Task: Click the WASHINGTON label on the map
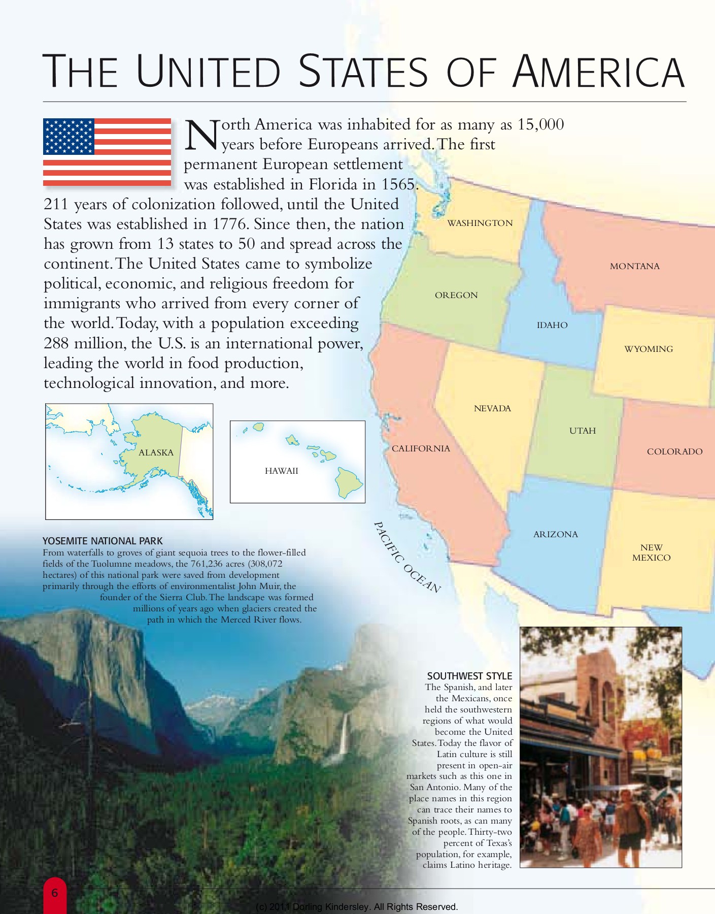[480, 223]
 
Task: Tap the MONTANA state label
[634, 266]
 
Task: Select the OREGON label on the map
[456, 295]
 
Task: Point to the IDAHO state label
[552, 325]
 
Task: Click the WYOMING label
[648, 349]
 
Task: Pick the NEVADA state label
[492, 408]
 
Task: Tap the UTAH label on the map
[582, 431]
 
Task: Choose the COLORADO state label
[674, 451]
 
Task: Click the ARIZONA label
[555, 534]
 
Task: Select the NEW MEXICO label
[651, 552]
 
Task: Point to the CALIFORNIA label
[421, 448]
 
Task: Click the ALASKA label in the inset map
[156, 452]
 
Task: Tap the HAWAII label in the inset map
[281, 471]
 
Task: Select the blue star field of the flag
[69, 136]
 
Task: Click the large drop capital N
[201, 136]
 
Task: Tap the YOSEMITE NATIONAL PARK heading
[103, 541]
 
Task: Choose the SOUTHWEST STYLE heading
[469, 676]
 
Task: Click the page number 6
[55, 893]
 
